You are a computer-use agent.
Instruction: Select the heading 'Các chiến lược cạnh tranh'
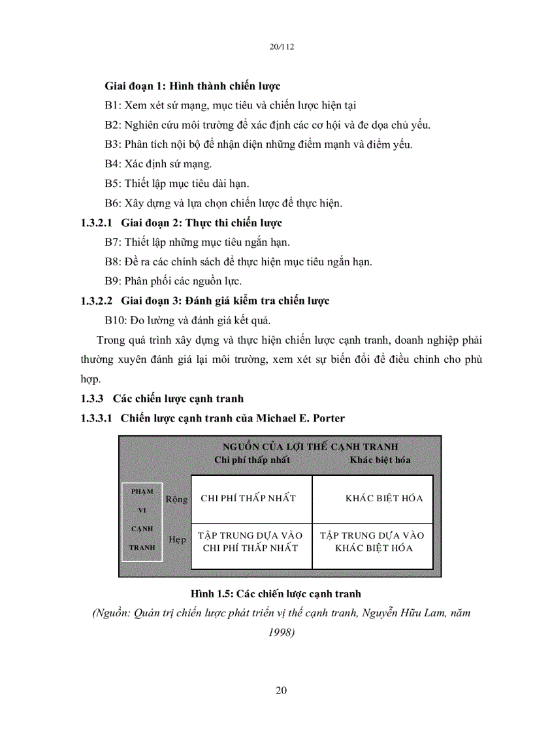(178, 398)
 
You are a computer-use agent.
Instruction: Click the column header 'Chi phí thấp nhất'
(252, 459)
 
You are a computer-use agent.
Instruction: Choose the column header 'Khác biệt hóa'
(380, 459)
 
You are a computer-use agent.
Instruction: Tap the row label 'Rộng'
(176, 499)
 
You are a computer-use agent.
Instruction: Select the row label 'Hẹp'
(178, 540)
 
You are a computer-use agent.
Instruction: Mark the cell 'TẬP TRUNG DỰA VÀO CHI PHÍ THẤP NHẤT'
(250, 542)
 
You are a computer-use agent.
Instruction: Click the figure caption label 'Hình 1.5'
(212, 594)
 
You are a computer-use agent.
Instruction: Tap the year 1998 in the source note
(282, 632)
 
